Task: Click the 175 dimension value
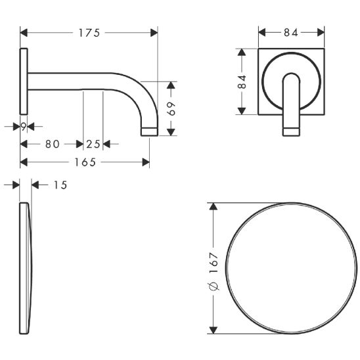coord(89,33)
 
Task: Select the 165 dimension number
coord(85,162)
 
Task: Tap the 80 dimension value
coord(53,144)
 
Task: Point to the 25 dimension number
coord(93,144)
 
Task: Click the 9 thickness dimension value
coord(24,127)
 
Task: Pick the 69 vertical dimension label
coord(171,108)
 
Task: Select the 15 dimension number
coord(60,185)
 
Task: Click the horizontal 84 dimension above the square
coord(291,33)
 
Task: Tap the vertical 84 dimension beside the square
coord(242,81)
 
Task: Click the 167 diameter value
coord(214,263)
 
